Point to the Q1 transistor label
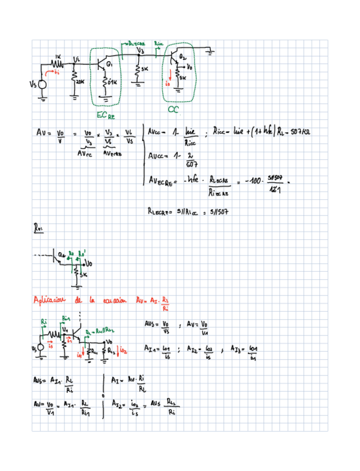pos(110,65)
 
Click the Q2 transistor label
pos(183,58)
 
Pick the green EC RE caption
pos(105,115)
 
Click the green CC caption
pos(173,111)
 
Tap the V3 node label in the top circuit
pos(141,51)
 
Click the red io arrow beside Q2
pos(168,81)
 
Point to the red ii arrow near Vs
pos(56,72)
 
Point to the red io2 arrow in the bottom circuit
pos(124,351)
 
